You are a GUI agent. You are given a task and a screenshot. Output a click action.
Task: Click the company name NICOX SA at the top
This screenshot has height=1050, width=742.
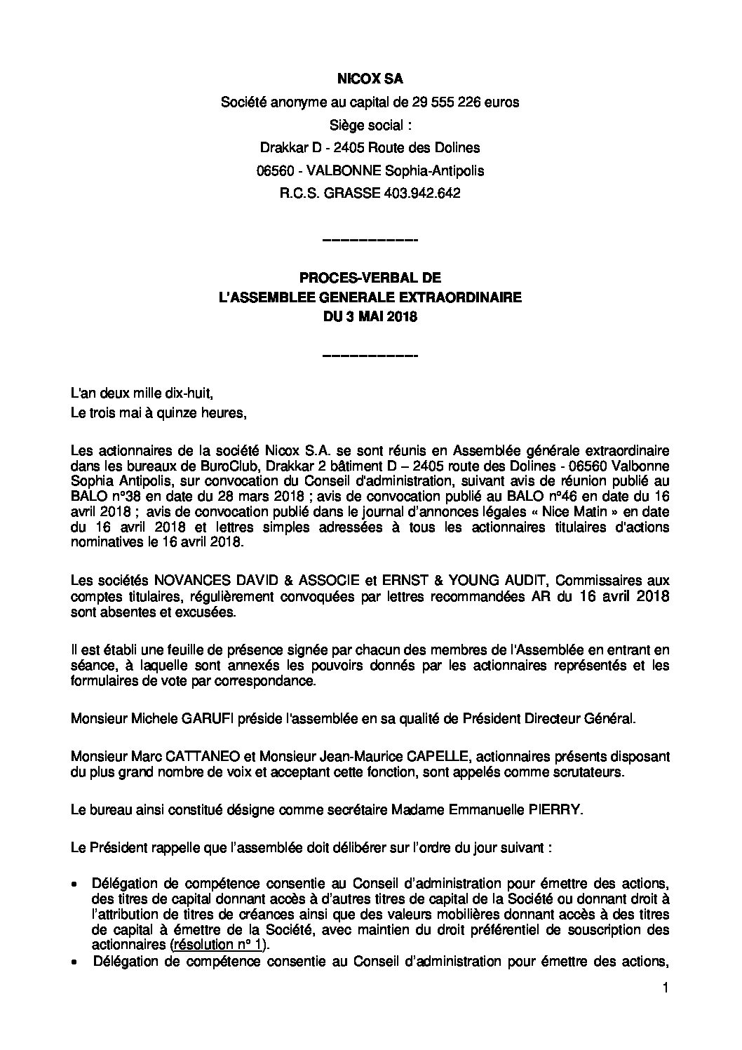pyautogui.click(x=370, y=81)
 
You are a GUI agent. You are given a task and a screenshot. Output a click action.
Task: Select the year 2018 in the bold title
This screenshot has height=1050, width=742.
pyautogui.click(x=403, y=316)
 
